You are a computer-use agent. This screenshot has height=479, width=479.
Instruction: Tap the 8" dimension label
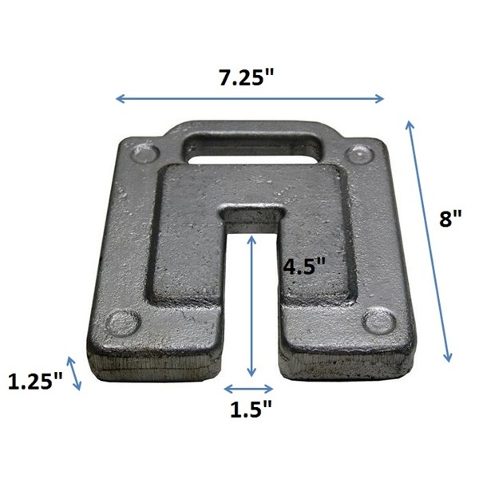point(450,219)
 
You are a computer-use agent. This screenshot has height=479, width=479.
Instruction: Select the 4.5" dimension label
point(305,266)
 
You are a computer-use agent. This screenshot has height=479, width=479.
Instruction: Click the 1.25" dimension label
point(35,381)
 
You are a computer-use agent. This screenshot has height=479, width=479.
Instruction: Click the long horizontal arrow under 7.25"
point(250,99)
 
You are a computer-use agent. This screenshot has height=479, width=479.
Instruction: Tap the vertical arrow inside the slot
point(251,306)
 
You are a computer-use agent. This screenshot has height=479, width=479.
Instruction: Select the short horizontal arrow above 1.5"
point(248,389)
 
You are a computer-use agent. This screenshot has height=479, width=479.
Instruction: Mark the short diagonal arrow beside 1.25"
point(74,374)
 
